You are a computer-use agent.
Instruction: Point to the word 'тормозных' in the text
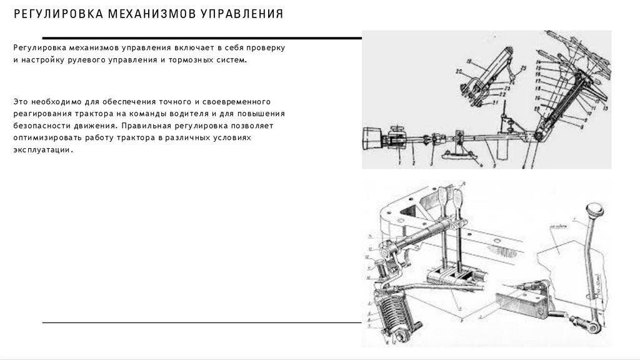click(x=192, y=61)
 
